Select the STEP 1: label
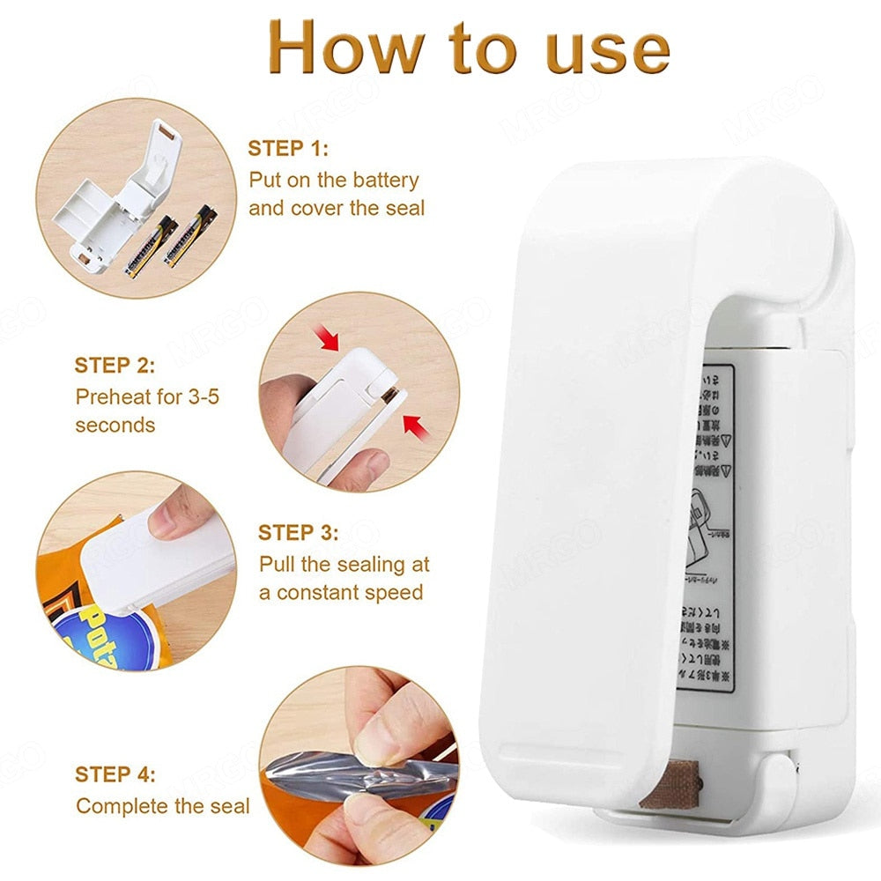[287, 148]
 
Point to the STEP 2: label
[115, 365]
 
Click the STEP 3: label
[299, 532]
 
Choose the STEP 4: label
[115, 774]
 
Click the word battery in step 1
[385, 181]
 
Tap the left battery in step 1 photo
[151, 248]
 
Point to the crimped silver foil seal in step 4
[370, 775]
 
